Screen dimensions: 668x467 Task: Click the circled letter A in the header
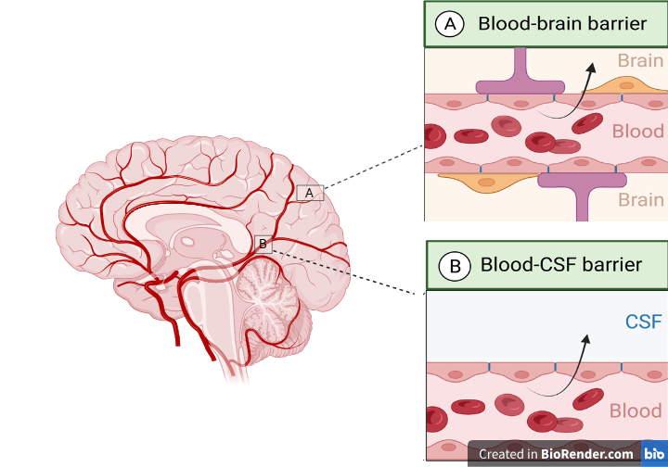pos(450,24)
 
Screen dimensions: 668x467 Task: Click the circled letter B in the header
pos(455,266)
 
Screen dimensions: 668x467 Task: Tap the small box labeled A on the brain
pos(310,193)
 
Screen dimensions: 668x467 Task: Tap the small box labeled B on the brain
pos(263,244)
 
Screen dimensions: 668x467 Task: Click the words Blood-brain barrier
pos(562,23)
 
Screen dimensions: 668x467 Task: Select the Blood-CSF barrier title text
pos(561,265)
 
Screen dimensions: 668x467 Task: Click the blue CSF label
pos(643,322)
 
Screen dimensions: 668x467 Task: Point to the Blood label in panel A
pos(637,132)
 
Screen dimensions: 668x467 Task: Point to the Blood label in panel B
pos(636,410)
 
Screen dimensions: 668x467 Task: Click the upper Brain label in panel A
pos(640,61)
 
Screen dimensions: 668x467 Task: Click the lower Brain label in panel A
pos(640,199)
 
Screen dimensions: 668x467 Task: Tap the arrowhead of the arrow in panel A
pos(591,69)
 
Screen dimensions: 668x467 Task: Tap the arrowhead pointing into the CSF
pos(586,339)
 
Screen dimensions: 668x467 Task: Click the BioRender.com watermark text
pos(556,454)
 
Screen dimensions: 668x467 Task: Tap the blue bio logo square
pos(654,453)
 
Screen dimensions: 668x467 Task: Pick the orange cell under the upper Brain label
pos(625,85)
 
